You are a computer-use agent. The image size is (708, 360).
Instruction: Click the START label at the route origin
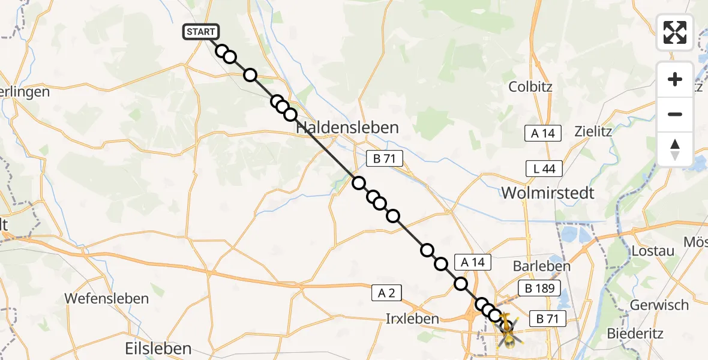pyautogui.click(x=202, y=32)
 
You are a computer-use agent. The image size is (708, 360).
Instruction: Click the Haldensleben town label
pyautogui.click(x=347, y=128)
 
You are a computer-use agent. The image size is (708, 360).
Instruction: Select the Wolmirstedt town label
pyautogui.click(x=548, y=193)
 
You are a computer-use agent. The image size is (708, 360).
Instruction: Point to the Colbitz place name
pyautogui.click(x=530, y=86)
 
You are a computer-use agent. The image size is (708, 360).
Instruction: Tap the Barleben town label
pyautogui.click(x=535, y=266)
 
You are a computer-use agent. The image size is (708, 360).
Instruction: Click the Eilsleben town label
pyautogui.click(x=158, y=348)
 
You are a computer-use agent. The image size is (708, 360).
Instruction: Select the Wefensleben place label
pyautogui.click(x=106, y=298)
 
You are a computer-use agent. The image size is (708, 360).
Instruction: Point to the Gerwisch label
pyautogui.click(x=659, y=305)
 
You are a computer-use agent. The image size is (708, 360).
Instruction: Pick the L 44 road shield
pyautogui.click(x=544, y=169)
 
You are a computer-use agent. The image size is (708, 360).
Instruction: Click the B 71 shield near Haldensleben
pyautogui.click(x=385, y=159)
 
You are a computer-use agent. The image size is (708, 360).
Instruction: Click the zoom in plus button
pyautogui.click(x=675, y=79)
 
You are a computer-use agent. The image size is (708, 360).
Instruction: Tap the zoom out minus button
pyautogui.click(x=675, y=114)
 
